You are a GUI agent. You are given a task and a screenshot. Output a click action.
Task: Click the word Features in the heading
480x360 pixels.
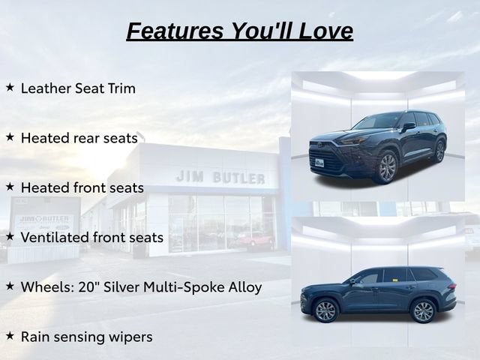tap(175, 31)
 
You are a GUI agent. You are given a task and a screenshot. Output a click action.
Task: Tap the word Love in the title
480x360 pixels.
tap(325, 31)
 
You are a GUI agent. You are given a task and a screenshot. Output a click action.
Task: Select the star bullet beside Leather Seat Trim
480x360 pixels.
tap(10, 87)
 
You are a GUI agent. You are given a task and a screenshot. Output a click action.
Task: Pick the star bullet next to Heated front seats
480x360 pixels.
tap(10, 187)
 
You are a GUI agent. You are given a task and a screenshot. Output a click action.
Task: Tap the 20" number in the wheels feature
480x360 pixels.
tap(89, 287)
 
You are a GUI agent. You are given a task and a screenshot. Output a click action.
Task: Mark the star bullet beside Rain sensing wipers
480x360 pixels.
tap(10, 336)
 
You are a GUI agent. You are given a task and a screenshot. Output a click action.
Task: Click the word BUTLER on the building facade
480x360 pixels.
tap(239, 178)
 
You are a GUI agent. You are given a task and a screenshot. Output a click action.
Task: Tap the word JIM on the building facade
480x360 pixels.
tap(190, 176)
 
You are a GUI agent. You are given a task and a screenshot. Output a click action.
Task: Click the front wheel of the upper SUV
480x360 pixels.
tap(387, 167)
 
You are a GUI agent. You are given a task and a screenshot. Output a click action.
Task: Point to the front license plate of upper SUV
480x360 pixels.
tap(319, 163)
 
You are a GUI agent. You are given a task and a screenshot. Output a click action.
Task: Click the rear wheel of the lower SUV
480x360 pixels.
tap(423, 311)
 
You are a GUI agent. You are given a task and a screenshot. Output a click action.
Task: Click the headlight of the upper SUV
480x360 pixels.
tap(352, 142)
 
